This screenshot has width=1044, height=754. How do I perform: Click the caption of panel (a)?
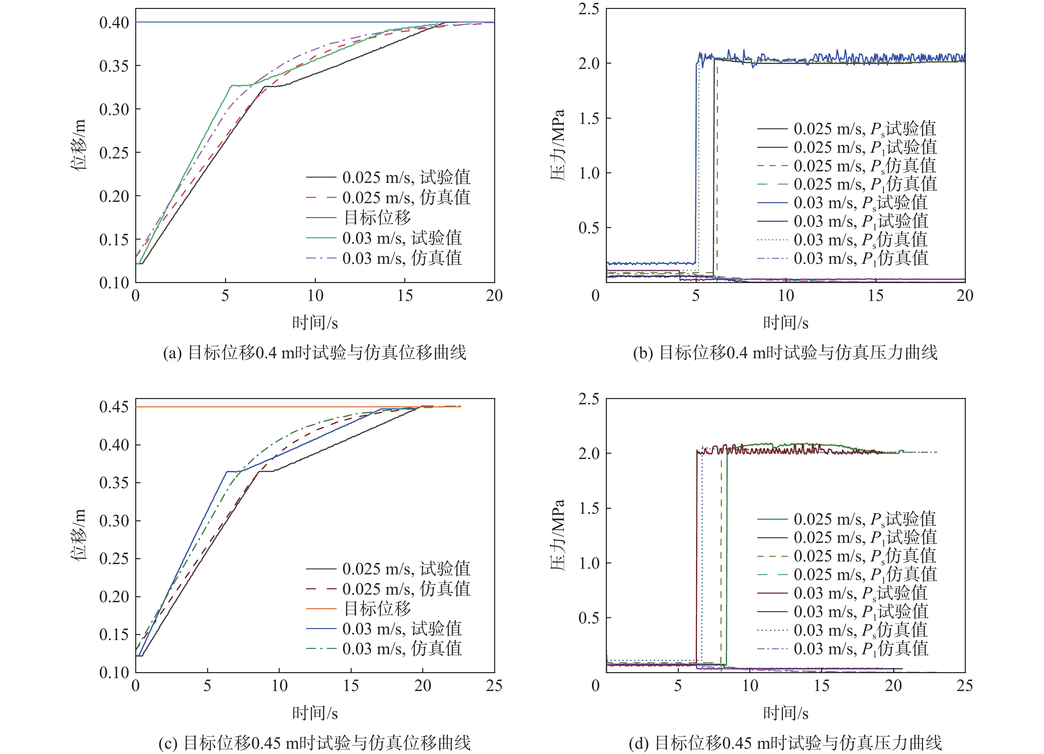click(315, 353)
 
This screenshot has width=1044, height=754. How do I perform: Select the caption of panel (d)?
click(785, 743)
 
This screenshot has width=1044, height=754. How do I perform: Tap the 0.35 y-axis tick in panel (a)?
click(114, 66)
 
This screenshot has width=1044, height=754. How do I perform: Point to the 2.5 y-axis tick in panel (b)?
click(589, 9)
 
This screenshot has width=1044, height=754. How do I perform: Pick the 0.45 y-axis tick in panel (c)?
click(114, 407)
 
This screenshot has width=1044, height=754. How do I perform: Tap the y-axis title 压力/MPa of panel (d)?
click(557, 535)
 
